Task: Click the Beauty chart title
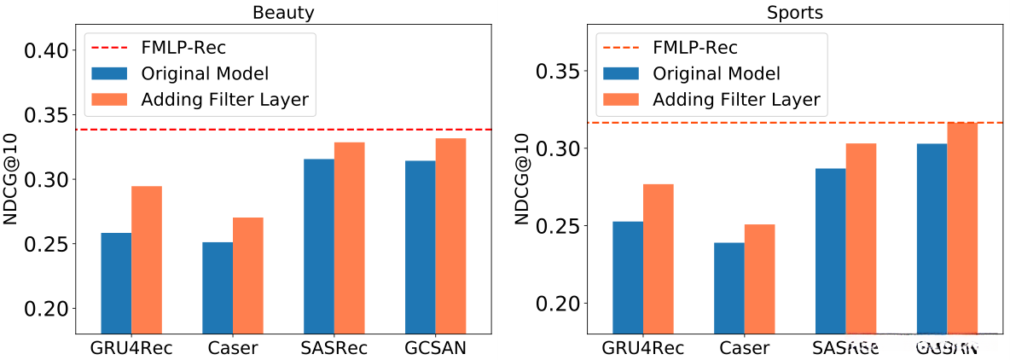(283, 13)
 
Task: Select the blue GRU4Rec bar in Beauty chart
(116, 282)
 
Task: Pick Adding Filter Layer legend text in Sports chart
(736, 100)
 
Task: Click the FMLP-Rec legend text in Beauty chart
(183, 47)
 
